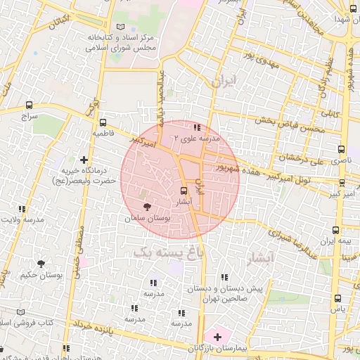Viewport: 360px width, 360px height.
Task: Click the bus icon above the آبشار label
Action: click(184, 191)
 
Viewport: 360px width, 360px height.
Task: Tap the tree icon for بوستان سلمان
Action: click(147, 207)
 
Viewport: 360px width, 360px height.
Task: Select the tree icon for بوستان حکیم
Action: click(41, 264)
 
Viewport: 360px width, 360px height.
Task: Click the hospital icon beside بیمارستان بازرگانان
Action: click(217, 337)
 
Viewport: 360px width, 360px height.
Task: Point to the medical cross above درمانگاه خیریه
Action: click(84, 160)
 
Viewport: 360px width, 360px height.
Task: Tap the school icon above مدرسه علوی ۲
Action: click(197, 128)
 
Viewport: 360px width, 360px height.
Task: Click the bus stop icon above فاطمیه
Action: click(103, 121)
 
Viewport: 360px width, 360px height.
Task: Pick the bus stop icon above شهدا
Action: click(352, 8)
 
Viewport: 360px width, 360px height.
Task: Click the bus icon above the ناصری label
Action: click(342, 149)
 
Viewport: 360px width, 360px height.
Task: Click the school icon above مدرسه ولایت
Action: click(22, 209)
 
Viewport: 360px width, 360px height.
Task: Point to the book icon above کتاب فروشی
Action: click(20, 311)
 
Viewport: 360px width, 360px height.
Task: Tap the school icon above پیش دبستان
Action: click(224, 278)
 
